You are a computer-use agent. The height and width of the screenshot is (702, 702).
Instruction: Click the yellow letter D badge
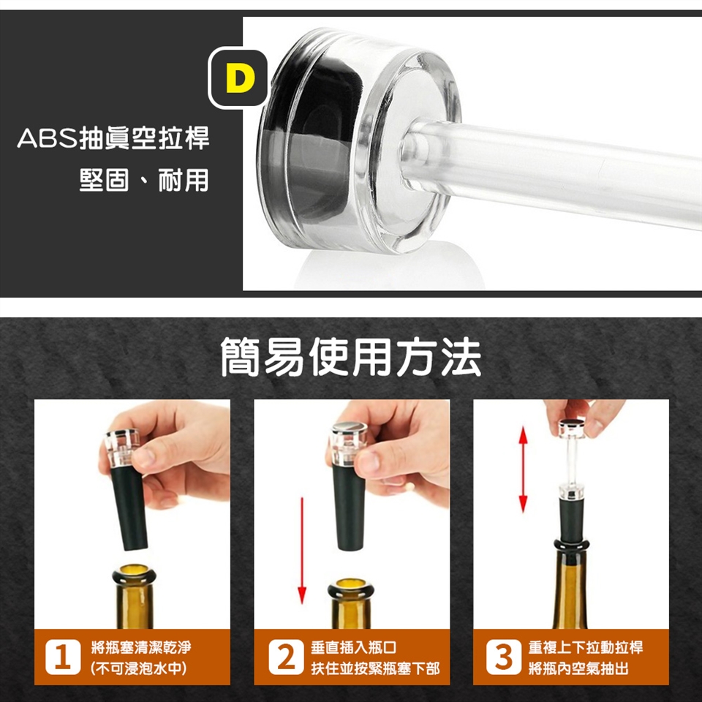238,78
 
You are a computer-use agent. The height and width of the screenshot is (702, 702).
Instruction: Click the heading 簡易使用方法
351,358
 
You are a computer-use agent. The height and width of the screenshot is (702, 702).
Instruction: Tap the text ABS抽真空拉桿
113,138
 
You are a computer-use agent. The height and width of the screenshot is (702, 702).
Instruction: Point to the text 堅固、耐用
144,180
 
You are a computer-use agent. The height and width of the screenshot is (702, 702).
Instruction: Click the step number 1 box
63,657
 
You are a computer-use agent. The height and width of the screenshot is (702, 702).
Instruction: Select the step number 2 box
286,657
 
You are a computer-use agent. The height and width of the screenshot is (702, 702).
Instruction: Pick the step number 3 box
503,657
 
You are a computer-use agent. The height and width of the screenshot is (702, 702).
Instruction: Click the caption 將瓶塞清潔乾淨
141,647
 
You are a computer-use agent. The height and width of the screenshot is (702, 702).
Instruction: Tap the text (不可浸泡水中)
138,668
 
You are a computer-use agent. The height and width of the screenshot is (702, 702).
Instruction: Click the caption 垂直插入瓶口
354,647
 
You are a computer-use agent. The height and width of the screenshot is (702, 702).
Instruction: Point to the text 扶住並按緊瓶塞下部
375,668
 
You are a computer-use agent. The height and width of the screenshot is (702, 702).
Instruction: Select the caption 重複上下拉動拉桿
586,647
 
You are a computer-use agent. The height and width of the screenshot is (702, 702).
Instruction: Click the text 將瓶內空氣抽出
578,668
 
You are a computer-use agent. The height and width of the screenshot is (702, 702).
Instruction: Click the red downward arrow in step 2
302,550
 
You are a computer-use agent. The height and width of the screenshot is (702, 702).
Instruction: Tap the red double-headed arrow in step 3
523,469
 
